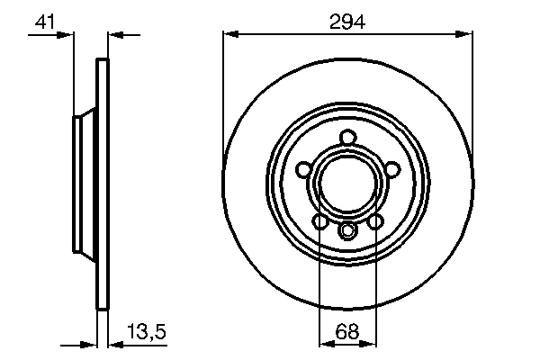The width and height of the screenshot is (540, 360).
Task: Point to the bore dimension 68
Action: click(x=347, y=330)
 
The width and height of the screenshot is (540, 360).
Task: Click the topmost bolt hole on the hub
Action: click(x=347, y=138)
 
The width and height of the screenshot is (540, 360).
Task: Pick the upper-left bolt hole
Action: click(x=304, y=169)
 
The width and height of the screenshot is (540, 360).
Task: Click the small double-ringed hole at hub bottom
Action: click(x=347, y=232)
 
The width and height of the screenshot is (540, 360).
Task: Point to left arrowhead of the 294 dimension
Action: click(x=229, y=35)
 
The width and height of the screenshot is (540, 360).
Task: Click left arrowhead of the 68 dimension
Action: click(x=325, y=343)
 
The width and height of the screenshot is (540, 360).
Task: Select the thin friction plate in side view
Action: click(x=102, y=184)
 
